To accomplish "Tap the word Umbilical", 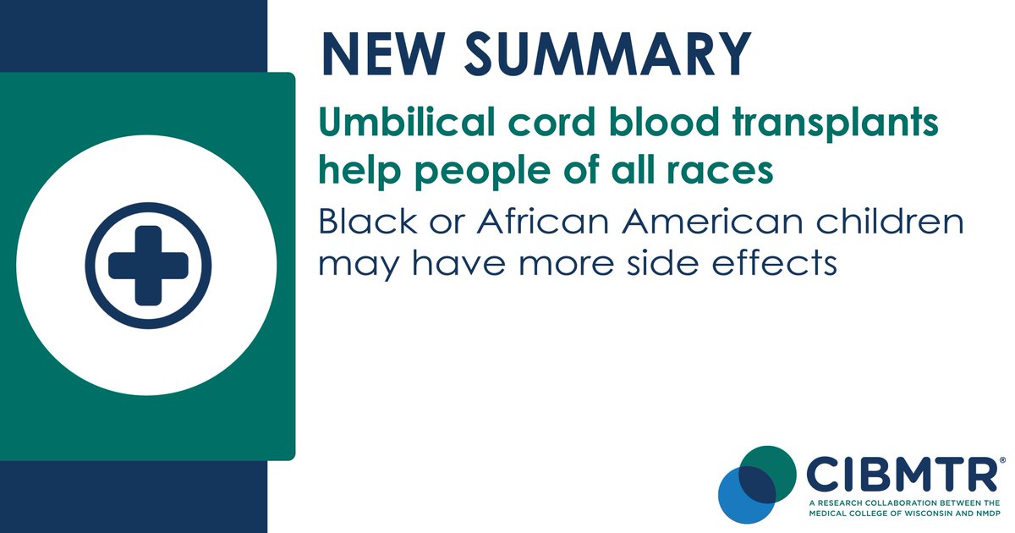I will (404, 124).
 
